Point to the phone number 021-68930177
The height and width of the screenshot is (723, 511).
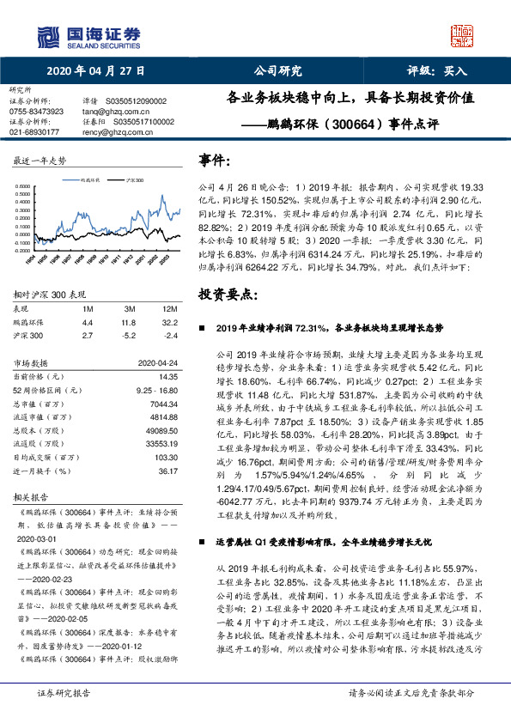pos(34,132)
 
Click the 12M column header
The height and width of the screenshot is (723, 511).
pos(169,307)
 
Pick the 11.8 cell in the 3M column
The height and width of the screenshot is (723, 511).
pos(129,322)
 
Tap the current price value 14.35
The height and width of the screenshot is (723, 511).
pos(167,376)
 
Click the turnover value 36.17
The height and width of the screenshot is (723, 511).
pos(167,471)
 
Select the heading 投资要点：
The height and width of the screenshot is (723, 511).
pos(228,295)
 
